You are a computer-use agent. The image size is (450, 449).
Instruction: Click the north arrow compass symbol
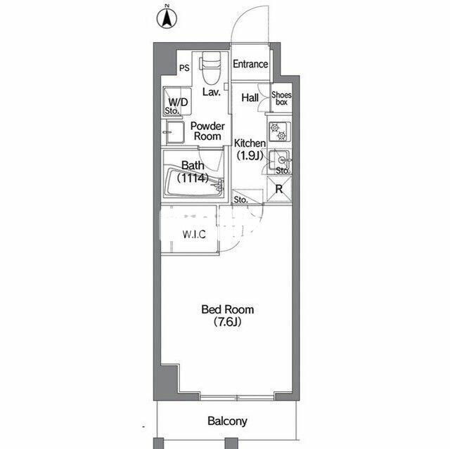pyautogui.click(x=167, y=18)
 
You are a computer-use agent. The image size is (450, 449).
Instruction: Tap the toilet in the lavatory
pyautogui.click(x=210, y=68)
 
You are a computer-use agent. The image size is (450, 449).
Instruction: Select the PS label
pyautogui.click(x=184, y=68)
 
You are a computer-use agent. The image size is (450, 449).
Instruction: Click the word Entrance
pyautogui.click(x=250, y=64)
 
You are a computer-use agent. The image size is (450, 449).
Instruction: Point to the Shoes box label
pyautogui.click(x=281, y=98)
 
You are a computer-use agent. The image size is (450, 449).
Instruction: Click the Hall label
pyautogui.click(x=250, y=98)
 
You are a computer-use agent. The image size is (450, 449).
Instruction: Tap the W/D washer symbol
pyautogui.click(x=177, y=102)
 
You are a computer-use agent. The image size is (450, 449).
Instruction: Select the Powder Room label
pyautogui.click(x=207, y=131)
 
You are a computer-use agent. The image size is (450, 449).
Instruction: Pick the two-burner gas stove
pyautogui.click(x=279, y=131)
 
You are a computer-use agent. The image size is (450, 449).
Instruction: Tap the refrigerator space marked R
pyautogui.click(x=279, y=189)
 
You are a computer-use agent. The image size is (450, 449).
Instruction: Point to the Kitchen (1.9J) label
pyautogui.click(x=250, y=149)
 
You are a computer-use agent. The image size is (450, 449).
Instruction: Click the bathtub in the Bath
pyautogui.click(x=194, y=183)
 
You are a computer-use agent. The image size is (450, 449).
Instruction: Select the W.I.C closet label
pyautogui.click(x=194, y=235)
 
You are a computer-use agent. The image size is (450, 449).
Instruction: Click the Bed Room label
pyautogui.click(x=228, y=310)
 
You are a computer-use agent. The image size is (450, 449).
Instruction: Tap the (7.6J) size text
pyautogui.click(x=227, y=322)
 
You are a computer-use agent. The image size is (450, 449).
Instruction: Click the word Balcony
pyautogui.click(x=227, y=421)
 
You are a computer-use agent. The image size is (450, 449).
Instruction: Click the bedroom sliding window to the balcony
pyautogui.click(x=237, y=398)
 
